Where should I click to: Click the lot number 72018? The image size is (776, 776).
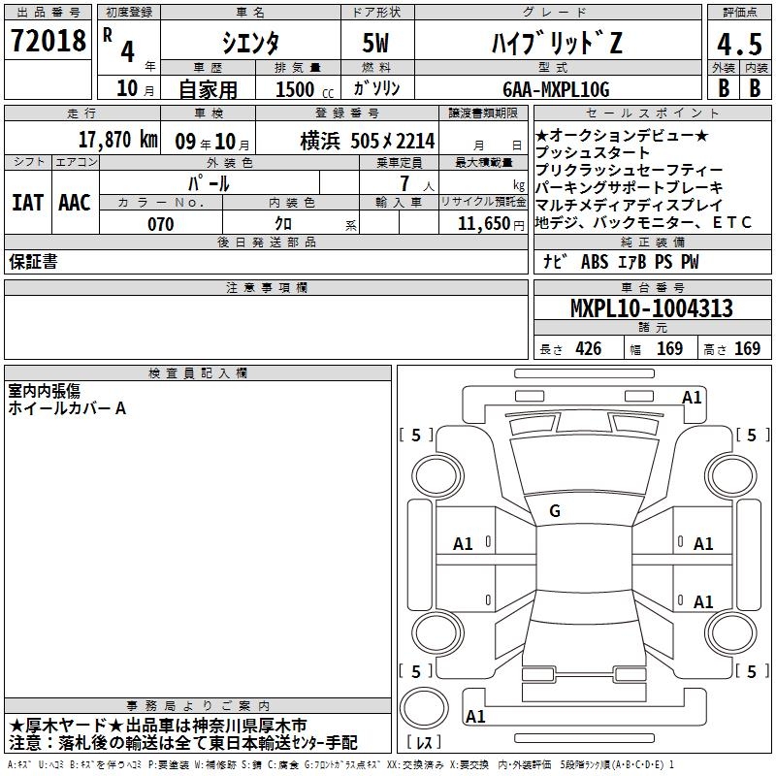click(x=48, y=41)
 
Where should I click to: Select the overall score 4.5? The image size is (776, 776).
click(x=739, y=45)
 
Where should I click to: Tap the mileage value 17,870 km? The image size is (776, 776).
click(x=117, y=140)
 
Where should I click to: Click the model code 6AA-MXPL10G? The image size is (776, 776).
click(x=556, y=89)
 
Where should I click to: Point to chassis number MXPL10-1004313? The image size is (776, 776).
click(x=651, y=308)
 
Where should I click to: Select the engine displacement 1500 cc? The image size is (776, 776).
click(x=305, y=89)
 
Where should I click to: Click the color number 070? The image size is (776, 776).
click(x=161, y=224)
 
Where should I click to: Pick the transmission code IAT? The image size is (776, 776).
click(x=28, y=203)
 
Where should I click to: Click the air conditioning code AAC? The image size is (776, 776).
click(x=75, y=203)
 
